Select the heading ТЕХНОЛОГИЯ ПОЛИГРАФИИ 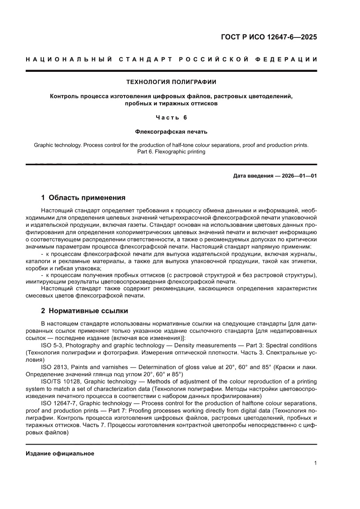point(171,81)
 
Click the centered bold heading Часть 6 point(171,117)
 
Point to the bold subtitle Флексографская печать point(171,131)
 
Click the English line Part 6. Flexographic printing point(171,152)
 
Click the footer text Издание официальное point(60,453)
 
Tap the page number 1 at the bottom point(315,463)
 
